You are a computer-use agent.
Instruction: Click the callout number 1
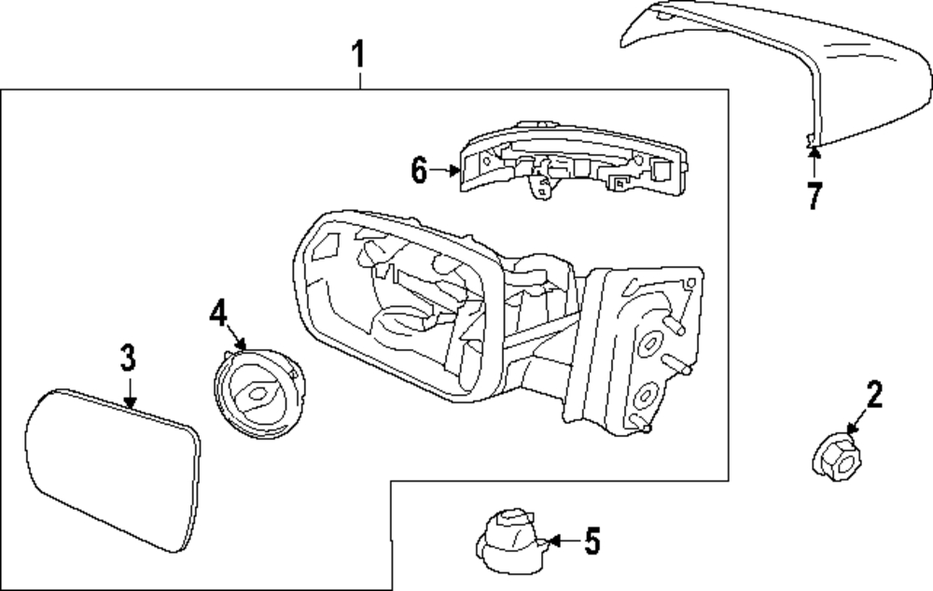(x=357, y=55)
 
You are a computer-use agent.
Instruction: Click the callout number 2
(x=874, y=395)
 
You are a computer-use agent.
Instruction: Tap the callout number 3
(x=128, y=359)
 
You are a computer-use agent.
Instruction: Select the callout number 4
(x=218, y=313)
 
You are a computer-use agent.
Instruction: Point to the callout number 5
(x=592, y=541)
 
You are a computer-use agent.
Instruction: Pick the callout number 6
(x=420, y=170)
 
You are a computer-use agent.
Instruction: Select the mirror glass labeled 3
(x=113, y=471)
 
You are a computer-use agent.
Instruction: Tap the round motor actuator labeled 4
(x=258, y=393)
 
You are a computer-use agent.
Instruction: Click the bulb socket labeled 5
(x=509, y=540)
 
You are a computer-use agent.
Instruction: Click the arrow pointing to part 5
(x=562, y=541)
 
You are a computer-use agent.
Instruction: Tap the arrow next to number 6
(x=445, y=171)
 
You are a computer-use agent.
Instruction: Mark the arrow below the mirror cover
(x=815, y=162)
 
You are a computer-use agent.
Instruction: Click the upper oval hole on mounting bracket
(x=649, y=344)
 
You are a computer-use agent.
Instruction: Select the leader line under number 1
(x=360, y=80)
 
